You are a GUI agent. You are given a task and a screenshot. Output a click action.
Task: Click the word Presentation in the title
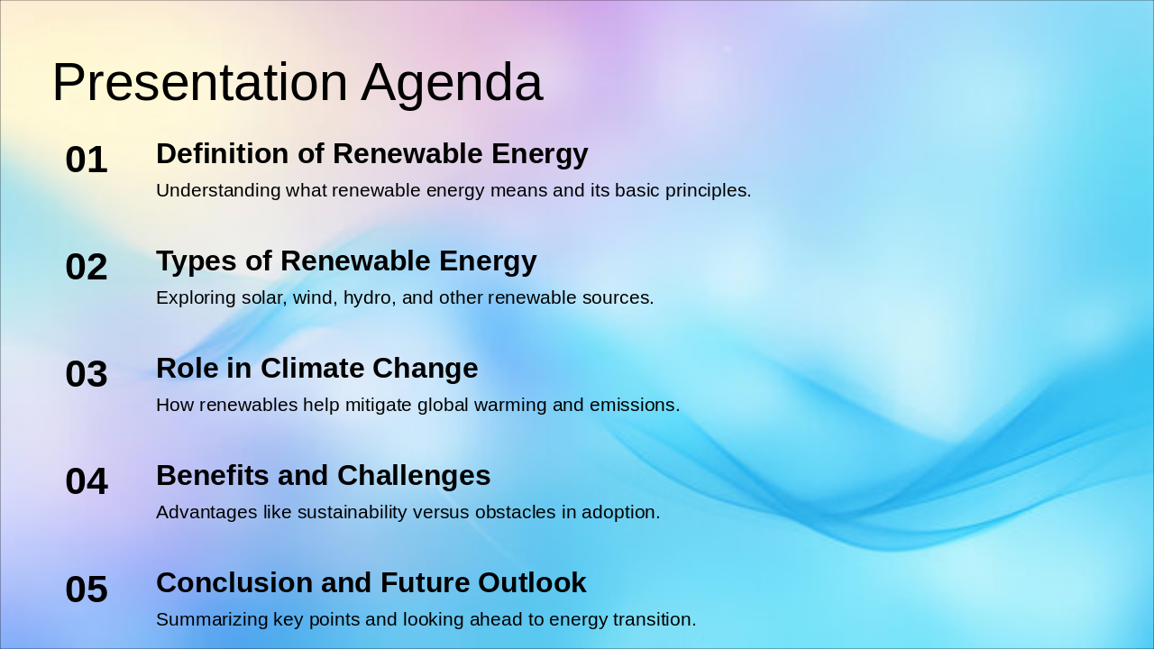pos(199,83)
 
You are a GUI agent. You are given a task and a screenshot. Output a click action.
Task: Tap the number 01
pos(87,160)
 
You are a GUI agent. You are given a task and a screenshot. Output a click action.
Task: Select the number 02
pos(87,268)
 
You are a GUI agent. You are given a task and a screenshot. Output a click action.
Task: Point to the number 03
pos(87,375)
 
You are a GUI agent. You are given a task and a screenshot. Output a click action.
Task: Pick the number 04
pos(87,482)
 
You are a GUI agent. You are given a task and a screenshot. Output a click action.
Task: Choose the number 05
pos(87,590)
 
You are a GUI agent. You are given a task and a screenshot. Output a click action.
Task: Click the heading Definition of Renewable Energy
pos(371,154)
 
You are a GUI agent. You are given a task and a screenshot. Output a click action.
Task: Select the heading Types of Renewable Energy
pos(346,261)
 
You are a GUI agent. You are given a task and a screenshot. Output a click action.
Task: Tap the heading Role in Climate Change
pos(316,369)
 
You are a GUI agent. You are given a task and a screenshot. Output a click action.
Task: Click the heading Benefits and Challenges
pos(323,476)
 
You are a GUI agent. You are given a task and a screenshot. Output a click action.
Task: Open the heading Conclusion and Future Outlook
pos(371,583)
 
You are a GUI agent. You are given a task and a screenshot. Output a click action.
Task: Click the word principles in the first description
pos(709,191)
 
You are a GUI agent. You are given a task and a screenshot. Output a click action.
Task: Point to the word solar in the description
pos(262,298)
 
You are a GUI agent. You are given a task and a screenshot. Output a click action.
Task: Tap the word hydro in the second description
pos(368,298)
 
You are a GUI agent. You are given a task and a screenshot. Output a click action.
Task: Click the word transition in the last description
pos(657,620)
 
